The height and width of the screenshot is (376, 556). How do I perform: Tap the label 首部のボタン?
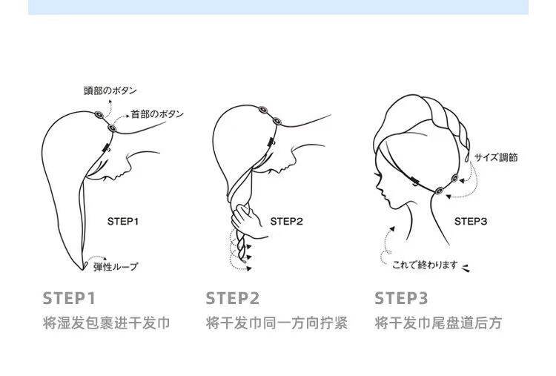tap(156, 114)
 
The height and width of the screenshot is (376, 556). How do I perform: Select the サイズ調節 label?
tap(497, 157)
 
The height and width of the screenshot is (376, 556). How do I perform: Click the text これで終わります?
tap(425, 264)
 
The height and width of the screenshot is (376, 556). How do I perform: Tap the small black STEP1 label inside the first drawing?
tap(124, 221)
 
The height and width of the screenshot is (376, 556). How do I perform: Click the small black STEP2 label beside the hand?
tap(287, 221)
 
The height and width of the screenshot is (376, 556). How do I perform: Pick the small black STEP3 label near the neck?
tap(470, 221)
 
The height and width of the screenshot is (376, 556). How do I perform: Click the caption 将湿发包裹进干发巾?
tap(107, 324)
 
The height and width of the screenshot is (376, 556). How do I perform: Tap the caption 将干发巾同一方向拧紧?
tap(277, 324)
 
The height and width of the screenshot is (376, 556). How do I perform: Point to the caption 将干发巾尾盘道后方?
tap(438, 324)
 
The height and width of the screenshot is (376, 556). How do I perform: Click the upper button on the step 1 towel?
tap(99, 116)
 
